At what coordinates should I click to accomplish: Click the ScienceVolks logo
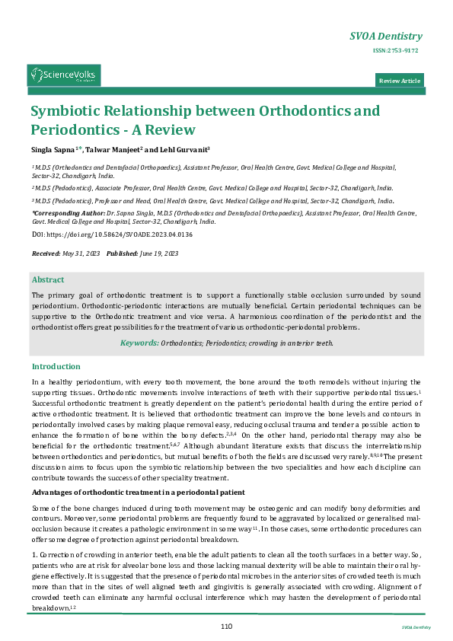tap(64, 75)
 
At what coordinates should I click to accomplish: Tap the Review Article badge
tap(400, 81)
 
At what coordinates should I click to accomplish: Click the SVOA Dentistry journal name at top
tap(385, 37)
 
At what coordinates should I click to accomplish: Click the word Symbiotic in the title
tap(65, 111)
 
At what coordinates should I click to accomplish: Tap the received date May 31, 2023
tap(82, 252)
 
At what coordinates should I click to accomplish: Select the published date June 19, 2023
tap(159, 252)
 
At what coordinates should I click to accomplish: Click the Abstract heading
tap(48, 280)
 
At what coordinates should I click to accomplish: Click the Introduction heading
tap(56, 366)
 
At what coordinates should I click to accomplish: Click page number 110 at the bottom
tap(226, 626)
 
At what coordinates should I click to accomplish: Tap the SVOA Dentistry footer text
tap(416, 627)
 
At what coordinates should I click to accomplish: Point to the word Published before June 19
tap(122, 252)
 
